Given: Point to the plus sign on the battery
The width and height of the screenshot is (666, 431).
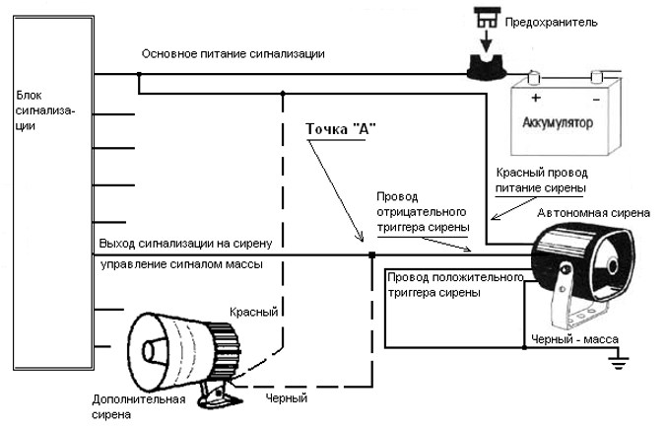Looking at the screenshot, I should coord(536,99).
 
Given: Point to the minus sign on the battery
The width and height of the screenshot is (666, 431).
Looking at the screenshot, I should coord(596,99).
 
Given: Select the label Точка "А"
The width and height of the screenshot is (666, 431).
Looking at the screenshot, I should coord(341,130).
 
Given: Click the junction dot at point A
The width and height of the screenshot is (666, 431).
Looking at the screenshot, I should coord(371,256).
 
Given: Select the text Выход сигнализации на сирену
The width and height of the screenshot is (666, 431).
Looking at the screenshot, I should coord(192,242).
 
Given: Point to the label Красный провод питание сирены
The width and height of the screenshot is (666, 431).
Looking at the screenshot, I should coord(541,180).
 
